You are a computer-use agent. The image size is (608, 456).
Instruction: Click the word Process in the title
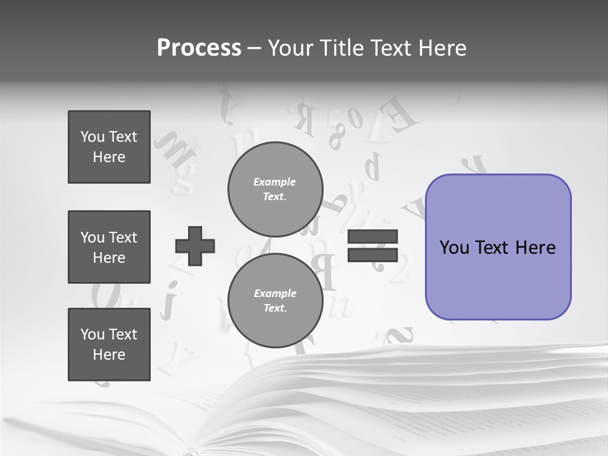199,48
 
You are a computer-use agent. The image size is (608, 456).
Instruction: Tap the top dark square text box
109,147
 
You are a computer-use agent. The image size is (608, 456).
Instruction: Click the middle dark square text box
109,247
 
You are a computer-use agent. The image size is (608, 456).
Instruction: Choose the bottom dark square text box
109,345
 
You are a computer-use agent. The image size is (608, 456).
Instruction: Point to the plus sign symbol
195,246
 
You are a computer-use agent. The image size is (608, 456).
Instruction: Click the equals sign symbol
373,246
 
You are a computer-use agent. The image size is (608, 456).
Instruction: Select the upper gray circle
275,189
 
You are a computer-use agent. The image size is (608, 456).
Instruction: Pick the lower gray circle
275,301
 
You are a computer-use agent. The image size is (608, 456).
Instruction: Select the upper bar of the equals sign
373,237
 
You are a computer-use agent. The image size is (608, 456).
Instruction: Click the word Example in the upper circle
275,182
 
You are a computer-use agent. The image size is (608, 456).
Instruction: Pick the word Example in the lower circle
275,294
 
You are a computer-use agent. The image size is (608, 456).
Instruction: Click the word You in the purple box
453,248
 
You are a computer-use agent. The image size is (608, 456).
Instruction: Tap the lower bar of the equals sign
373,255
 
